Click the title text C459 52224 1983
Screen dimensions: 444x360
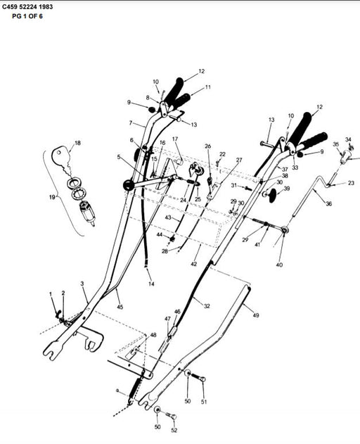point(27,6)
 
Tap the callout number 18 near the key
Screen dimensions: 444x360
point(77,143)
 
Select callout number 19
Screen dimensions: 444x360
point(52,198)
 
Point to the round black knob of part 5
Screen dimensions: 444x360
point(127,185)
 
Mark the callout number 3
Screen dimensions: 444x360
point(82,283)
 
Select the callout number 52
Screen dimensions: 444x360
point(174,430)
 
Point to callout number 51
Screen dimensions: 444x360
point(205,402)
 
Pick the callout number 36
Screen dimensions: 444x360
point(328,204)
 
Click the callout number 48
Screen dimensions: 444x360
point(153,336)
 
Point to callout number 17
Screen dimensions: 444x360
point(175,139)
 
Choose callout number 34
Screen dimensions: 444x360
point(348,139)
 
